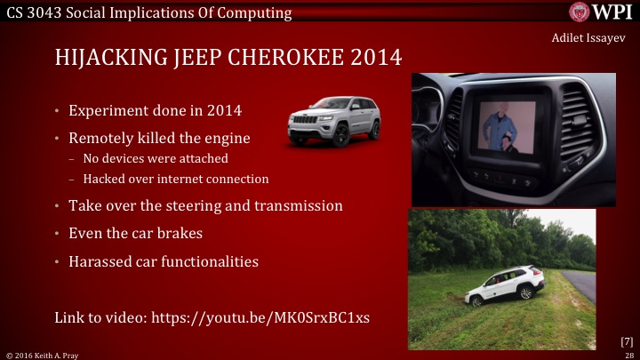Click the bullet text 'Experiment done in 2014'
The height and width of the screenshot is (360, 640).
[x=141, y=113]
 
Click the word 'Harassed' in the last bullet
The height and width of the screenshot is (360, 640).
[x=100, y=263]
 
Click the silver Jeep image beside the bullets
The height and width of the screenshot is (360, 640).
[x=333, y=122]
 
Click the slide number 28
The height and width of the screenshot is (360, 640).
[x=628, y=354]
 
